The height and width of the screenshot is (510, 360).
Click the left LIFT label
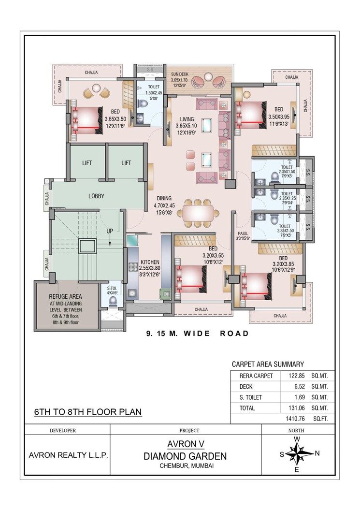87,163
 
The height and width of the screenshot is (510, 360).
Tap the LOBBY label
96,196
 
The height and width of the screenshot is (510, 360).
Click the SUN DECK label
179,74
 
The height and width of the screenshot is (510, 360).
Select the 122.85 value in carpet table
290,376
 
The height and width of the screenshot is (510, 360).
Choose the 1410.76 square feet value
290,419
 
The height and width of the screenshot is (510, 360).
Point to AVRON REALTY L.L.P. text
68,455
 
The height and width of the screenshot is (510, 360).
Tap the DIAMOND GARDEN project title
186,456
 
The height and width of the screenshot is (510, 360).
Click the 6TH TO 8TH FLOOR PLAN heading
87,412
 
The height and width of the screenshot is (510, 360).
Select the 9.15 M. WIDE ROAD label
198,333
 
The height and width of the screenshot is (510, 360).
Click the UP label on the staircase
110,231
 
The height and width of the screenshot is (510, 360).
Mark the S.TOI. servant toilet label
112,288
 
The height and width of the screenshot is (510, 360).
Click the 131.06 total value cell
290,408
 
